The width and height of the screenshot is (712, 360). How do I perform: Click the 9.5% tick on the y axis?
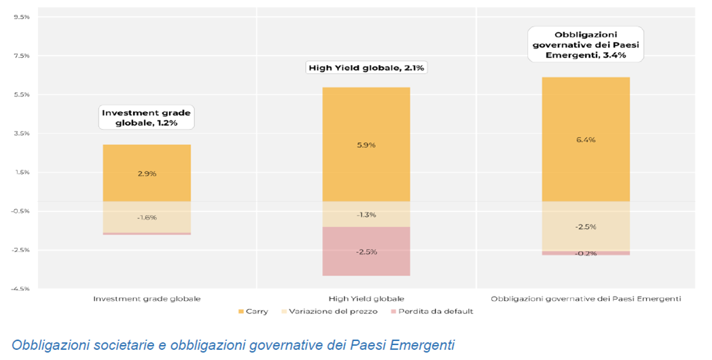(22, 17)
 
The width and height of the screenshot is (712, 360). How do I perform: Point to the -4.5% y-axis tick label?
(21, 289)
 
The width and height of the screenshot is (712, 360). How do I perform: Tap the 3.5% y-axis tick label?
(22, 134)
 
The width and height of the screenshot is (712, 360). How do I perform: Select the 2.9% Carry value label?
(147, 174)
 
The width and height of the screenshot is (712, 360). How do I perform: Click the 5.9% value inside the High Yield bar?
(366, 145)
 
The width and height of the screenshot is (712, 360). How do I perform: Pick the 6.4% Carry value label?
(586, 140)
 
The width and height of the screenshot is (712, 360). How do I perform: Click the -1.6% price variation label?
(147, 217)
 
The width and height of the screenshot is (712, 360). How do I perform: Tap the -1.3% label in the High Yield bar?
(366, 215)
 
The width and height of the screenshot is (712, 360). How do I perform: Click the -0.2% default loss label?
(586, 253)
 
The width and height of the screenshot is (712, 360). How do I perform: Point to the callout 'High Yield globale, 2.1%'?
(366, 68)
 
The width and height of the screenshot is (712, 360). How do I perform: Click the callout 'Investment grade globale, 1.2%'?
(147, 118)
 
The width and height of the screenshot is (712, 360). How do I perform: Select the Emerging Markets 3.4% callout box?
(586, 44)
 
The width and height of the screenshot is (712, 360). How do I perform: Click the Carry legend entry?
(254, 312)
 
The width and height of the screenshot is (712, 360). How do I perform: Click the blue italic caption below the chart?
(233, 345)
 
